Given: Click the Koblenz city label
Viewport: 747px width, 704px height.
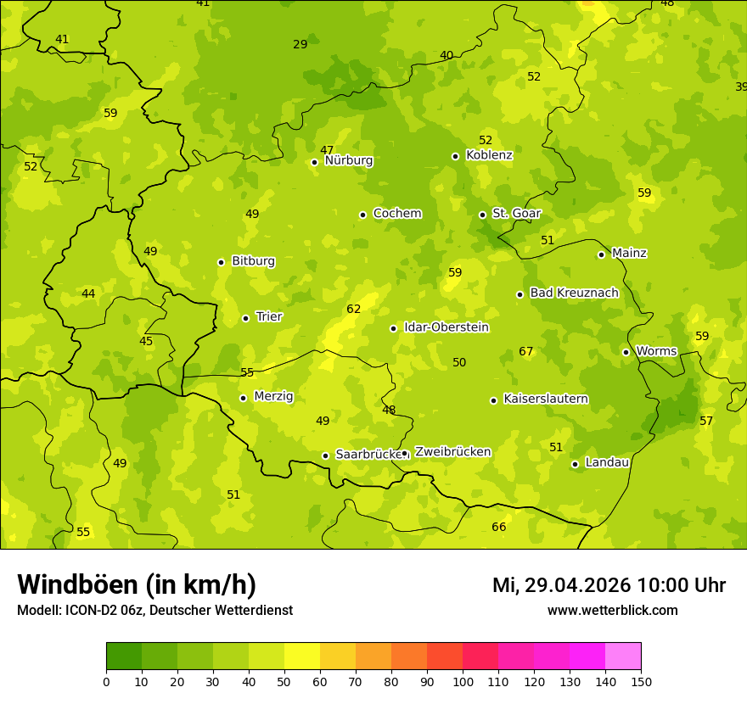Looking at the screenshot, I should (490, 155).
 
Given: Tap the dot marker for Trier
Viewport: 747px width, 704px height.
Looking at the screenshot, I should (245, 318).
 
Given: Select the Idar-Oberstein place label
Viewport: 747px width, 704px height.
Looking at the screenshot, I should (447, 327).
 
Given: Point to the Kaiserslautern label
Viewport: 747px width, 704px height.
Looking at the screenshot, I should (546, 399).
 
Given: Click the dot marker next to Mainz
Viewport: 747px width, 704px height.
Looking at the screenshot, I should (601, 254).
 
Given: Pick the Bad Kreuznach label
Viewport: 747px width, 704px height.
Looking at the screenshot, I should (574, 293).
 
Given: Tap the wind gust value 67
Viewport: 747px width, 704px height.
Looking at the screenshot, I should (526, 352).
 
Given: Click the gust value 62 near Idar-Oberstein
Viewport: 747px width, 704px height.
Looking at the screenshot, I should (354, 310).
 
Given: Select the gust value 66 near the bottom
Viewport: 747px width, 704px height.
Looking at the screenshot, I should (499, 528).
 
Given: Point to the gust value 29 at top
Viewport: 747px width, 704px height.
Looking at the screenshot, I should (300, 45).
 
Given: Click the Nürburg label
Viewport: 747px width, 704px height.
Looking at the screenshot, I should (348, 160).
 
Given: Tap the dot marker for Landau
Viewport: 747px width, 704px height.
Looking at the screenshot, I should (575, 464).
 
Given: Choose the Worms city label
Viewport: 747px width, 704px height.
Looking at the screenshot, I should (656, 351).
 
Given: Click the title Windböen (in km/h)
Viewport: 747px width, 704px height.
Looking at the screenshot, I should (137, 584).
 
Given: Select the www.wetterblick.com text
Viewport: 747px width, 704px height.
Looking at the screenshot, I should (612, 611).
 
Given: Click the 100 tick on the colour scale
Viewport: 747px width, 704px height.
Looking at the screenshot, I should (463, 681).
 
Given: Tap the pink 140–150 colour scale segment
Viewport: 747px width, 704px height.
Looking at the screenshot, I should (623, 657).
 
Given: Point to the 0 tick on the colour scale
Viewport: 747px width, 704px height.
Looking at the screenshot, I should (106, 681).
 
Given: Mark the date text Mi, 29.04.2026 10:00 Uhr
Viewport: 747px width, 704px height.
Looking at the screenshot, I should (609, 585).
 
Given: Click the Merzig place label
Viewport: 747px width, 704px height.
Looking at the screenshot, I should (273, 396).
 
